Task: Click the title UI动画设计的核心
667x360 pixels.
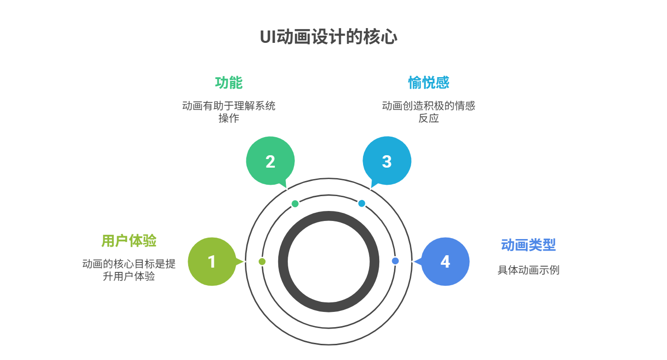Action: pyautogui.click(x=328, y=37)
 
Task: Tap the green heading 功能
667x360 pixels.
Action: pyautogui.click(x=229, y=83)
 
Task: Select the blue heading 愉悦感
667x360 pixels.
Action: pyautogui.click(x=428, y=82)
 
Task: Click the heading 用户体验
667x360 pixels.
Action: pyautogui.click(x=129, y=240)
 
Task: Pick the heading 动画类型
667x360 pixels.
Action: pyautogui.click(x=528, y=245)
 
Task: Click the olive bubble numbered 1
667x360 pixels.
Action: pyautogui.click(x=212, y=261)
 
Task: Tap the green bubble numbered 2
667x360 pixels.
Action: pyautogui.click(x=271, y=161)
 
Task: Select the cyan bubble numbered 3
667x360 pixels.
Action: pyautogui.click(x=387, y=161)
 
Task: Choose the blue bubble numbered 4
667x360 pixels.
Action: pyautogui.click(x=445, y=261)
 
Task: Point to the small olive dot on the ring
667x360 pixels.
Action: pyautogui.click(x=262, y=261)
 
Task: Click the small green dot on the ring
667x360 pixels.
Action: pyautogui.click(x=295, y=203)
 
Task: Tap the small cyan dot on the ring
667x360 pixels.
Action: pyautogui.click(x=362, y=203)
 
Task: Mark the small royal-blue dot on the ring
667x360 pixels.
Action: pyautogui.click(x=395, y=261)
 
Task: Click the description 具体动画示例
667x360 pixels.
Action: pyautogui.click(x=528, y=270)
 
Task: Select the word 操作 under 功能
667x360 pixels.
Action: pyautogui.click(x=229, y=118)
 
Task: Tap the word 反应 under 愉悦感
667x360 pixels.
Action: pyautogui.click(x=428, y=118)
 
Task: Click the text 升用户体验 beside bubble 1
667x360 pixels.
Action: pyautogui.click(x=129, y=276)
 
